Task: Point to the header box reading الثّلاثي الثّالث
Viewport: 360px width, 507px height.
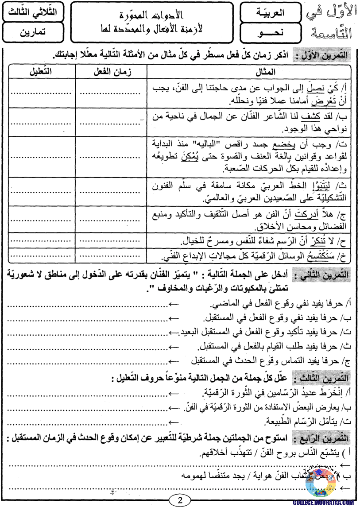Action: pos(32,12)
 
